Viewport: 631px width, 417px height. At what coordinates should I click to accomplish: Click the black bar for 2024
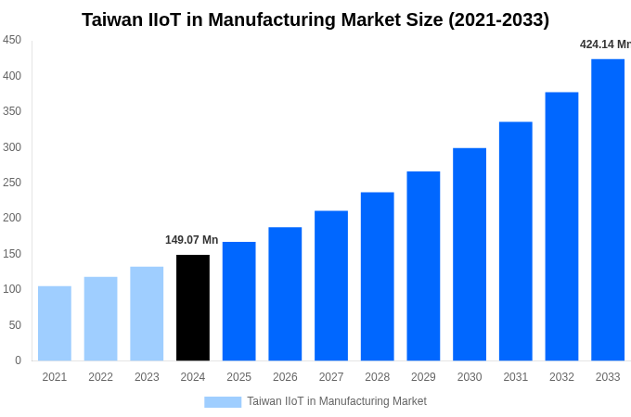[x=193, y=308]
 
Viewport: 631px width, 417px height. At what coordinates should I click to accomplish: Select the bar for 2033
[x=608, y=209]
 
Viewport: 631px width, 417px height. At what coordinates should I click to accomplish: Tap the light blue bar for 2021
[x=55, y=323]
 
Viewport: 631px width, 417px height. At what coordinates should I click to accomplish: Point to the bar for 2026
[x=285, y=294]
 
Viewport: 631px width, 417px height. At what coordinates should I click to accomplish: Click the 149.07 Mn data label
[x=192, y=240]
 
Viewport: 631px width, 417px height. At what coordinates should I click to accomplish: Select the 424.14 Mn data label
[x=604, y=44]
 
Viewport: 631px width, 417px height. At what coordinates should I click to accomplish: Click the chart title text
[x=315, y=19]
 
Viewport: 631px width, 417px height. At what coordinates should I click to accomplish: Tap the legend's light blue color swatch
[x=223, y=401]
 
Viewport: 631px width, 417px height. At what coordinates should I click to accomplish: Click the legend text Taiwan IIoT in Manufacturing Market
[x=337, y=401]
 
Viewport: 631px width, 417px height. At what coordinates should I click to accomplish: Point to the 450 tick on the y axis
[x=12, y=40]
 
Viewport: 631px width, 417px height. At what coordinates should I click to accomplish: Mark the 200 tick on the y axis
[x=12, y=218]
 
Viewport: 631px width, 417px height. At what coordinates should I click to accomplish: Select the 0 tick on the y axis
[x=18, y=360]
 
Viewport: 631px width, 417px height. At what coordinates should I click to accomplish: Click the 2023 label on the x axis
[x=147, y=377]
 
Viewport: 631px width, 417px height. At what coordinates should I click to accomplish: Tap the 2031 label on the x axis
[x=516, y=377]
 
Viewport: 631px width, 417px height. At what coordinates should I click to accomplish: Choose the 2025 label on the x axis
[x=239, y=377]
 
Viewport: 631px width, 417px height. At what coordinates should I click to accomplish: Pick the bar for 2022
[x=100, y=319]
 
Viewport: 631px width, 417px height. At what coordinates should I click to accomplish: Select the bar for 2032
[x=561, y=226]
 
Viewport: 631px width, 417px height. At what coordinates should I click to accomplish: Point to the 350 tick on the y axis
[x=12, y=111]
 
